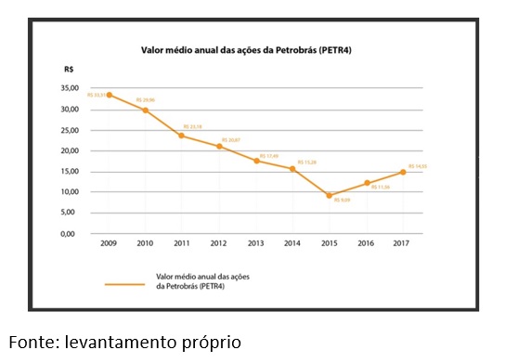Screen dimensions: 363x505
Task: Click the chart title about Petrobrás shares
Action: [252, 51]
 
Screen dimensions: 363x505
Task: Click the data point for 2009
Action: [110, 95]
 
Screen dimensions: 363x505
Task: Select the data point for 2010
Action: [146, 110]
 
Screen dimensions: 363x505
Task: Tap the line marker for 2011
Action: [182, 136]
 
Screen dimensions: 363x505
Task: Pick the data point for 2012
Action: [219, 146]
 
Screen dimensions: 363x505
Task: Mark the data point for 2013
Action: [256, 161]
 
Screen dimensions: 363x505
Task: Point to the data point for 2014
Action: [292, 169]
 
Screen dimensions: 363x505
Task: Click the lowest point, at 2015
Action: [329, 196]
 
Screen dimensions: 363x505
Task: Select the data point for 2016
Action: [366, 183]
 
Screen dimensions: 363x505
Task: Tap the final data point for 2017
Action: [402, 172]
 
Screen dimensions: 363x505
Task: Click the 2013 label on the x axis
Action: [256, 243]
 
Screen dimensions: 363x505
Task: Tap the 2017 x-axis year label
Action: [402, 243]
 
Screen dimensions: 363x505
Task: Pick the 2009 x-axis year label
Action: [110, 243]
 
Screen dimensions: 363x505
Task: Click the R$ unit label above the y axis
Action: [70, 70]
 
